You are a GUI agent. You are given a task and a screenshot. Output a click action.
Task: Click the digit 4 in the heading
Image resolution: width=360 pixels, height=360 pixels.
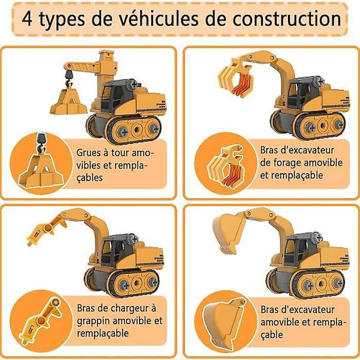(27, 19)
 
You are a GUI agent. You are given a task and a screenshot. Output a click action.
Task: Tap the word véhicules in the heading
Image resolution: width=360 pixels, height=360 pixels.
(159, 19)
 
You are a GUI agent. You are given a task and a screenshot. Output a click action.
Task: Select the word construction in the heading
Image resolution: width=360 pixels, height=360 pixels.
(287, 19)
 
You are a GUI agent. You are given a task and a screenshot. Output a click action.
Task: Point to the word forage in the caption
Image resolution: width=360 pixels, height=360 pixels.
(287, 163)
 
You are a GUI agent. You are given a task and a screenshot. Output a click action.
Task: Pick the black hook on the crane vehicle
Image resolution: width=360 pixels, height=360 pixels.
(69, 77)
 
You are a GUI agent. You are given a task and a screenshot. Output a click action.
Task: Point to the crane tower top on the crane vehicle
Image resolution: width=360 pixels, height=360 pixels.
(106, 55)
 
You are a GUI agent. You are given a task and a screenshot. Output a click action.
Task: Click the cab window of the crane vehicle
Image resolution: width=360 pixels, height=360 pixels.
(106, 94)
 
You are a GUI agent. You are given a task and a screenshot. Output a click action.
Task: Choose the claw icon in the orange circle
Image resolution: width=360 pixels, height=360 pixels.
(226, 166)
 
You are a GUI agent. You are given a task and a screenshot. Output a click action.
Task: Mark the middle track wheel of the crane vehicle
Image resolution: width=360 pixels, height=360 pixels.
(137, 130)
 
